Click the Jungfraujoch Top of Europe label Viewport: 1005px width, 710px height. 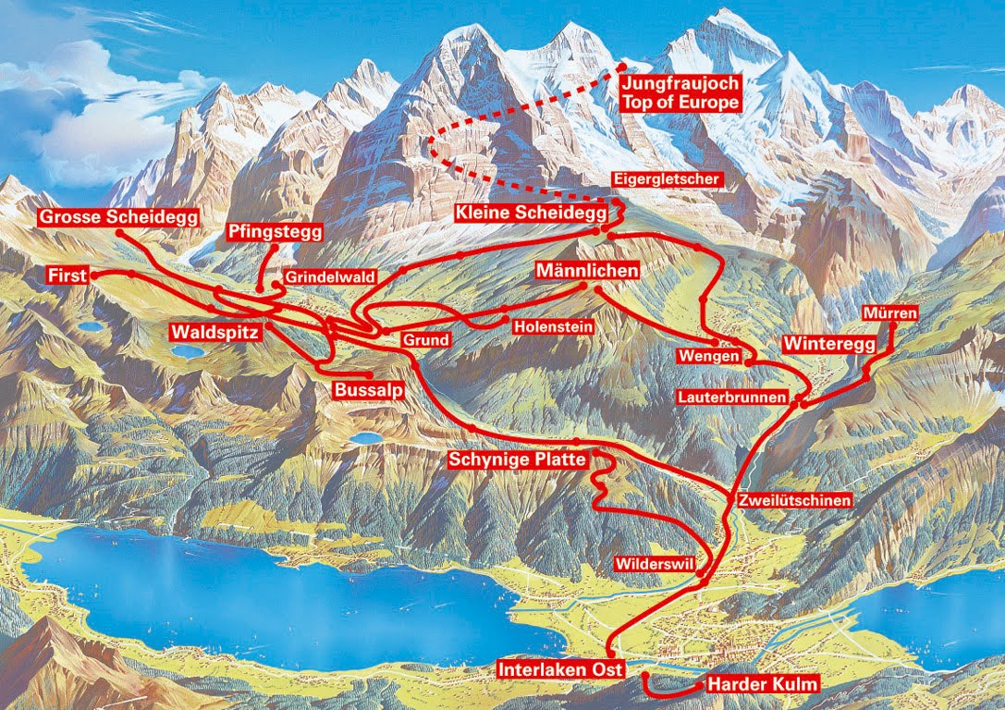point(680,93)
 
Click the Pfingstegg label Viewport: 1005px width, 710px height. point(274,232)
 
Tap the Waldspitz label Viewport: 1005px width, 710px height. point(214,330)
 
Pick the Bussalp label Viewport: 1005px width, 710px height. point(369,390)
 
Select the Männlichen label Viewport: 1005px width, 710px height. point(587,272)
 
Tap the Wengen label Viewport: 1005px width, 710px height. point(709,356)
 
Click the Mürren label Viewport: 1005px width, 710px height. point(889,313)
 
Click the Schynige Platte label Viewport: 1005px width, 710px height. point(517,459)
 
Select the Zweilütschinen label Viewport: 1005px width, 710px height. point(794,500)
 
